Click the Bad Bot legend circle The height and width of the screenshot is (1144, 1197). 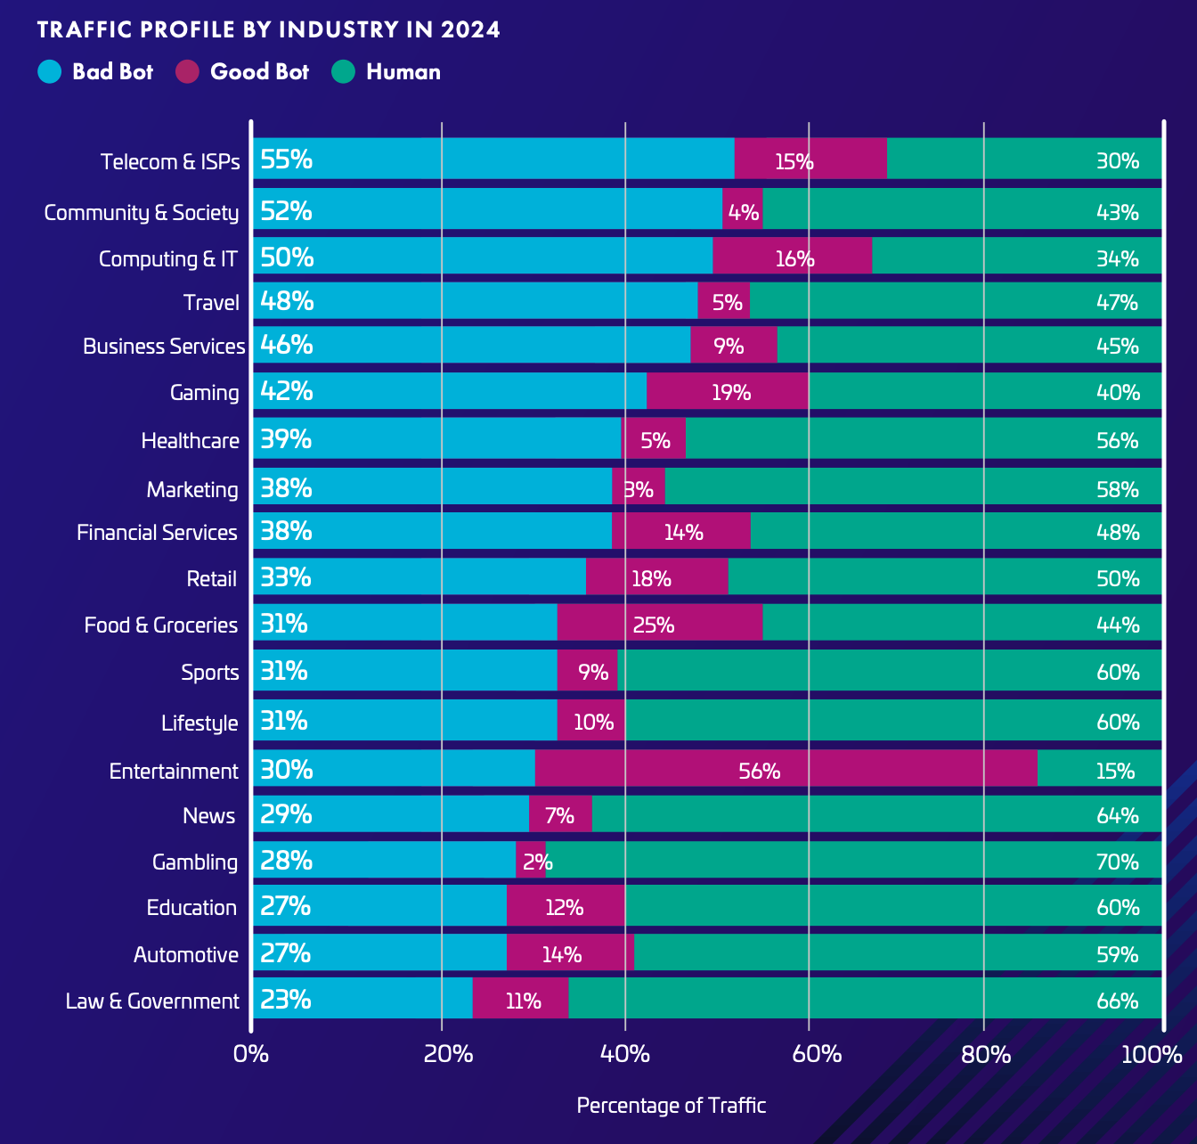coord(50,71)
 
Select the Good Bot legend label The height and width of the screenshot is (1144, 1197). coord(259,71)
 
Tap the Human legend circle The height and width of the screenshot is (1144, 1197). coord(343,71)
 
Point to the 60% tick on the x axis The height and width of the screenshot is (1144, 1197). coord(816,1054)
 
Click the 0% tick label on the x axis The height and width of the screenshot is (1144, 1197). coord(250,1054)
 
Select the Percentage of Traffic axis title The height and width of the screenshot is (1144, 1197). coord(671,1106)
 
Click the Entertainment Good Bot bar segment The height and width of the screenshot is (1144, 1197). coord(786,769)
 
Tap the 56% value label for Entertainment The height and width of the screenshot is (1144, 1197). coord(759,771)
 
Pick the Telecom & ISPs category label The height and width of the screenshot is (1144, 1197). coord(170,161)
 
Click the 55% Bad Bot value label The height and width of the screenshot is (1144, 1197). coord(286,159)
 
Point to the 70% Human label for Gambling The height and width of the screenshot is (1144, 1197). coord(1117,862)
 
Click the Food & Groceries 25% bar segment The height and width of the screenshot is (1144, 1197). coord(659,624)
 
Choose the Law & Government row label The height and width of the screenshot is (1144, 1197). coord(152,1001)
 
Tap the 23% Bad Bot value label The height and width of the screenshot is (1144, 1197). coord(285,1000)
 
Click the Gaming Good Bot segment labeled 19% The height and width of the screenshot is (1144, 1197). coord(728,392)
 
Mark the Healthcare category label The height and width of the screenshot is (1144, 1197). coord(190,441)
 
